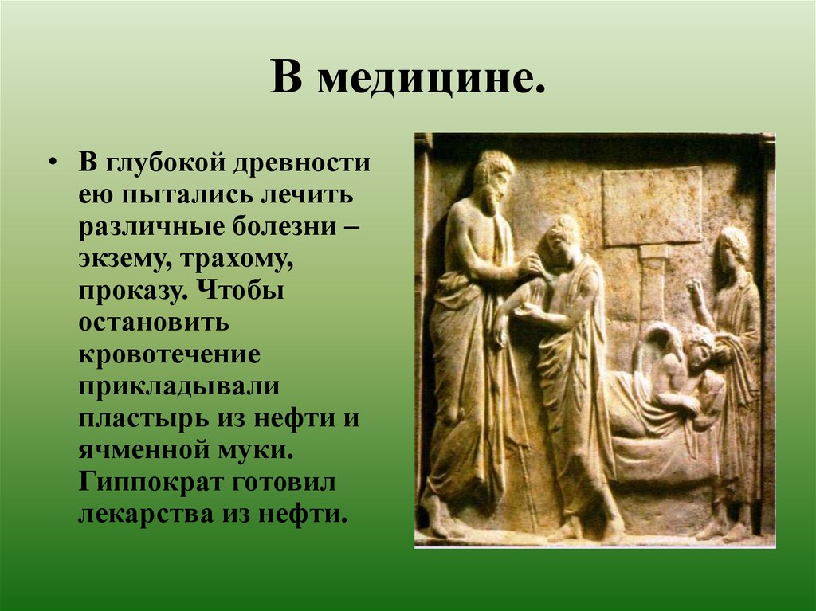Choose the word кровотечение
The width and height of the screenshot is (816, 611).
[169, 354]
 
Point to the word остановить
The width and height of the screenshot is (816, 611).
[154, 322]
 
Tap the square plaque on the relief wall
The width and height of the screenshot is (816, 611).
[651, 206]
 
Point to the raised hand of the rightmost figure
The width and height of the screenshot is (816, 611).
[695, 292]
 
